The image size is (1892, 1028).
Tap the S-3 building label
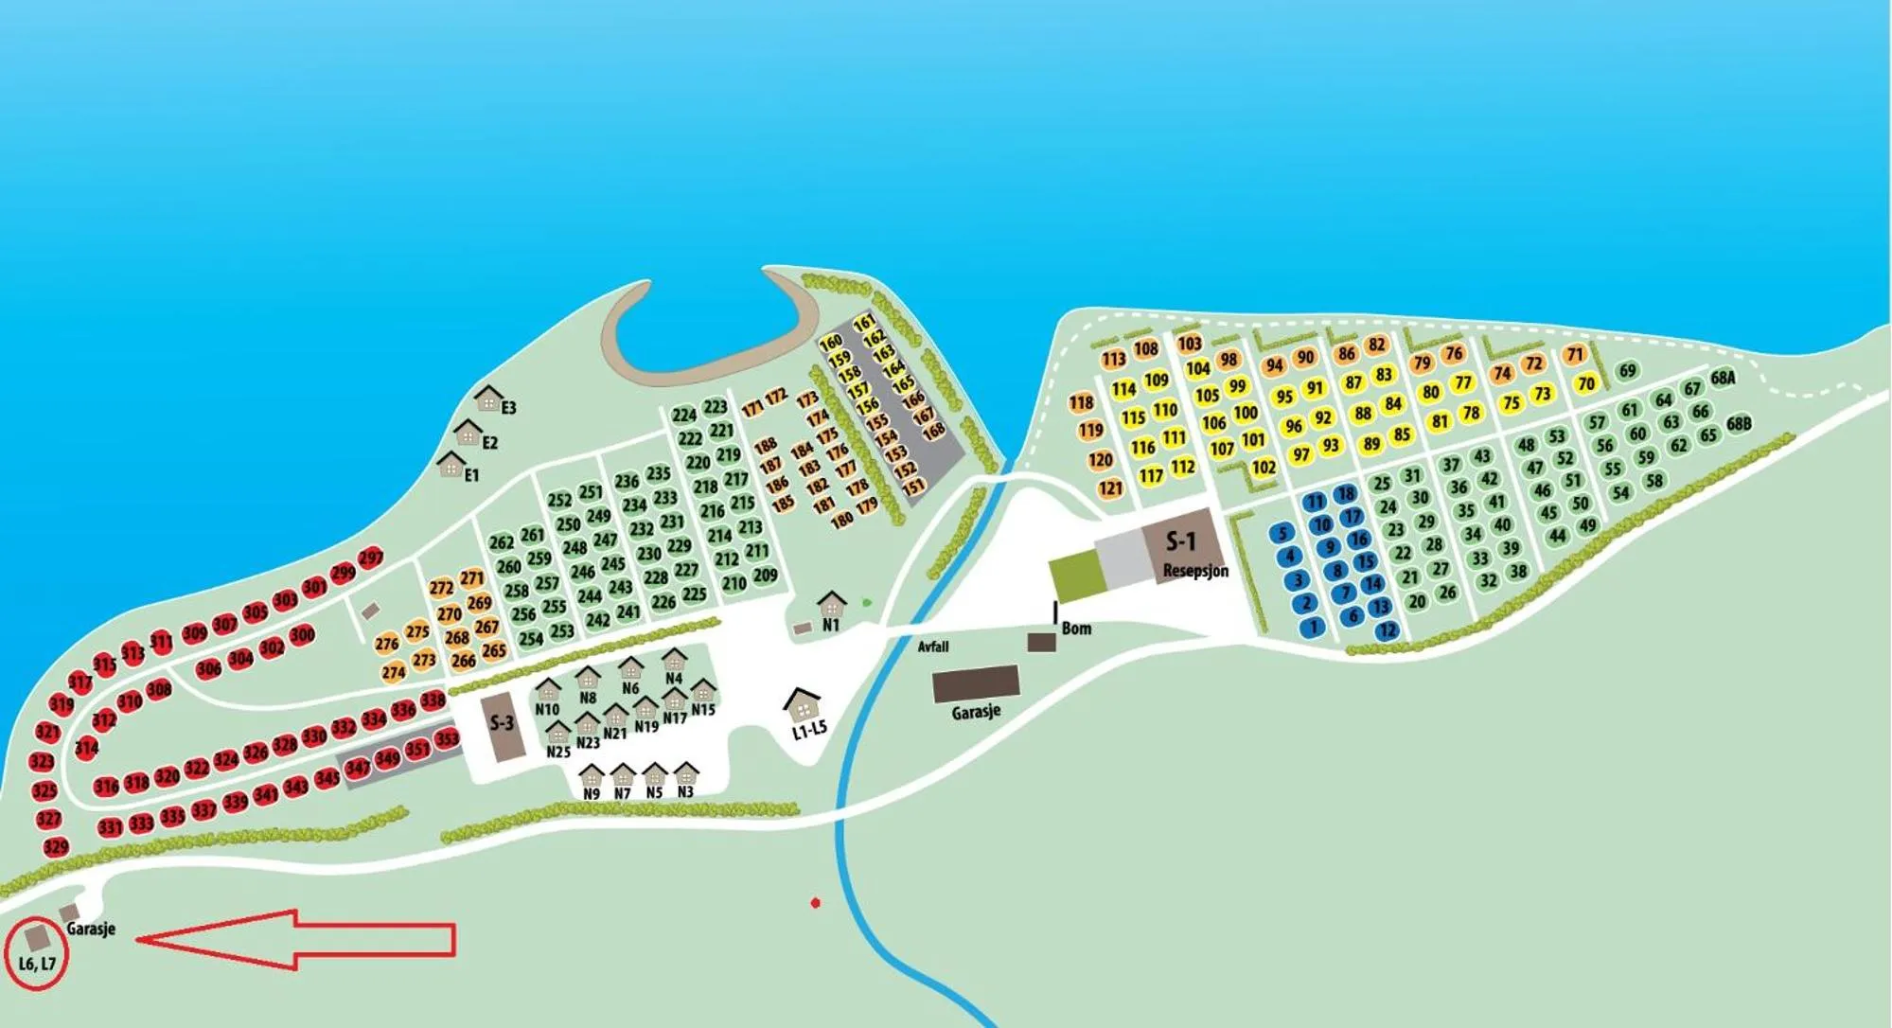502,724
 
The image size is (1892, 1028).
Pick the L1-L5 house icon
803,702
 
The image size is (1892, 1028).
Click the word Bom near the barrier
1076,629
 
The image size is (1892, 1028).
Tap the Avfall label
933,647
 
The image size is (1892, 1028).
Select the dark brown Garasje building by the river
975,683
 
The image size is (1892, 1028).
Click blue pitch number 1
1314,627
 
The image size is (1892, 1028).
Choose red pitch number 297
371,558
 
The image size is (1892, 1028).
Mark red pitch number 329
56,847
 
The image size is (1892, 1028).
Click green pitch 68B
1739,423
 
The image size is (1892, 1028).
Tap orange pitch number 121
1110,488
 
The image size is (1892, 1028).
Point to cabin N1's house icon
831,603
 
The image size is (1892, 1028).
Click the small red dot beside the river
815,903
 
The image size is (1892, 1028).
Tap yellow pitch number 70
1586,383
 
